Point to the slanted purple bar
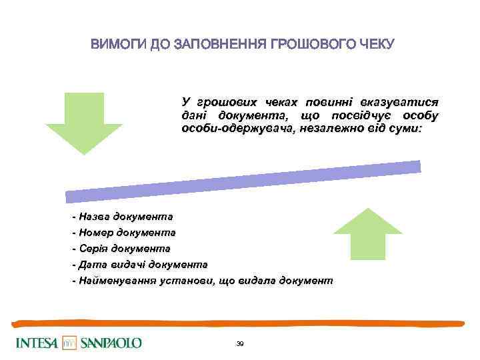(243, 181)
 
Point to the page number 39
(240, 343)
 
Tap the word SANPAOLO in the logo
(111, 343)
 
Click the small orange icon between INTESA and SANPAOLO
(69, 343)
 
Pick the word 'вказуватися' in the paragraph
(399, 102)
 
